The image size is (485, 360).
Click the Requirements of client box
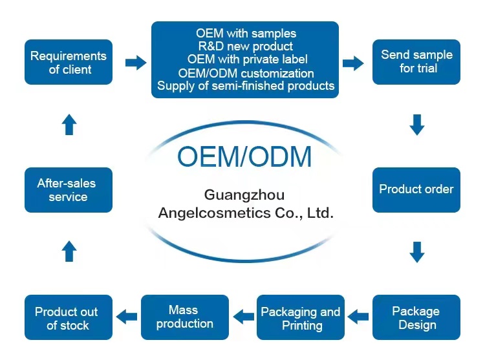pos(69,62)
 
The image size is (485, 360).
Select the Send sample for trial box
pos(416,62)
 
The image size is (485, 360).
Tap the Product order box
pos(416,189)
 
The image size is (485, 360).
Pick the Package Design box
pos(416,317)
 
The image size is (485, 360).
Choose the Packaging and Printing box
pos(301,317)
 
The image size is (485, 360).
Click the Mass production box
pos(185,317)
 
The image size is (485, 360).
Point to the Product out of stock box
pos(69,317)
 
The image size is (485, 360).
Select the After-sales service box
pos(69,189)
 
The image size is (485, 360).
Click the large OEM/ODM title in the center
pos(244,157)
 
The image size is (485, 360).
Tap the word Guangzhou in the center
pos(244,195)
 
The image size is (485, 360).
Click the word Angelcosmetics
pos(210,213)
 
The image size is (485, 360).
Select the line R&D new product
pos(245,47)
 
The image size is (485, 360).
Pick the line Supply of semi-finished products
pos(246,86)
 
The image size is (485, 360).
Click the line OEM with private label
pos(246,59)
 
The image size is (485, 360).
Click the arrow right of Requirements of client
pos(135,63)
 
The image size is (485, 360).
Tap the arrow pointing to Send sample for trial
pos(353,63)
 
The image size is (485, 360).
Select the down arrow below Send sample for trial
pos(417,124)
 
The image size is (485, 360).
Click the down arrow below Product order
pos(417,251)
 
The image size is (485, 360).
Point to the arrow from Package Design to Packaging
pos(359,317)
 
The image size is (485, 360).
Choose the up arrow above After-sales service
pos(69,251)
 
